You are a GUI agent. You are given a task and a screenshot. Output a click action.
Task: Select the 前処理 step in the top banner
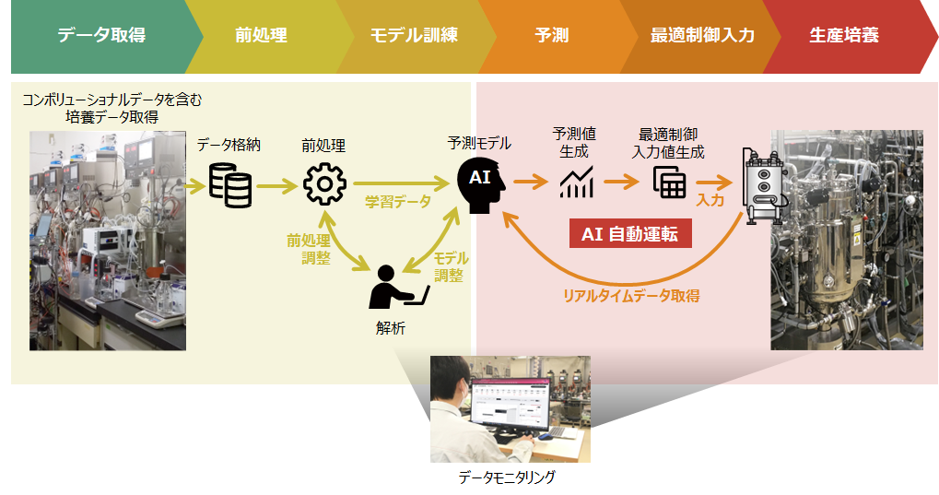261,36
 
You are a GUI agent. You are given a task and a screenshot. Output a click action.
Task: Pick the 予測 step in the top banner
552,36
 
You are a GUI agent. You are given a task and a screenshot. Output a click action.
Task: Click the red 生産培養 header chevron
844,36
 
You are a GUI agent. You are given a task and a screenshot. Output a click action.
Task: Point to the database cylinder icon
229,183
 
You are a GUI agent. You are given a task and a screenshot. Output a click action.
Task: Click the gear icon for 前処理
323,183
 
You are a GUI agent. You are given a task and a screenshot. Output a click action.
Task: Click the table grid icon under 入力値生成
669,182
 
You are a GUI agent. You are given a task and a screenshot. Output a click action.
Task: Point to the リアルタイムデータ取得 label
631,296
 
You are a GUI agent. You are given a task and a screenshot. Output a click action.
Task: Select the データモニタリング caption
507,477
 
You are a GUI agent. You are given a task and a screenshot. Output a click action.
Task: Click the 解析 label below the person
390,328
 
